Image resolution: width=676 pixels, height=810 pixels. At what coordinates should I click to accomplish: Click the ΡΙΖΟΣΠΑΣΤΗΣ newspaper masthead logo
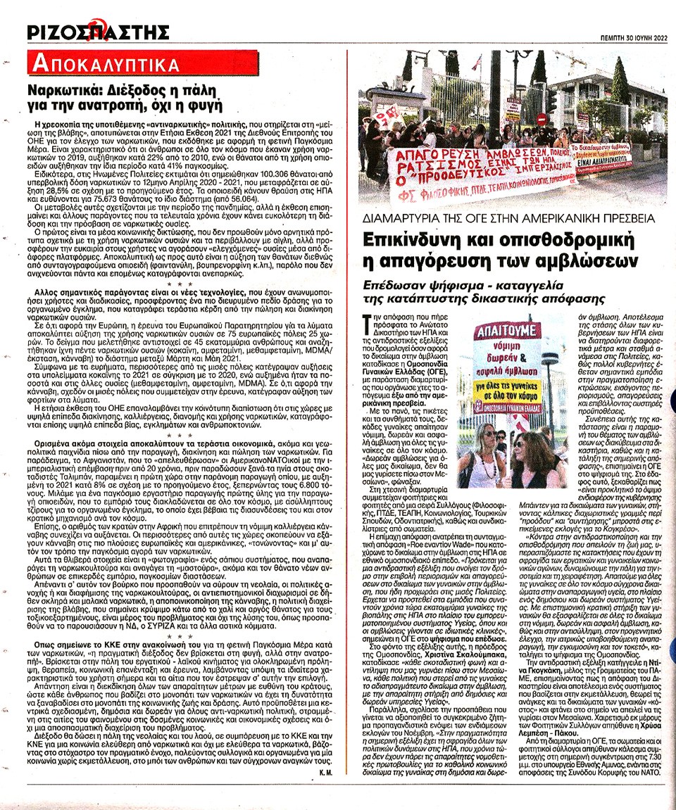(x=98, y=32)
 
